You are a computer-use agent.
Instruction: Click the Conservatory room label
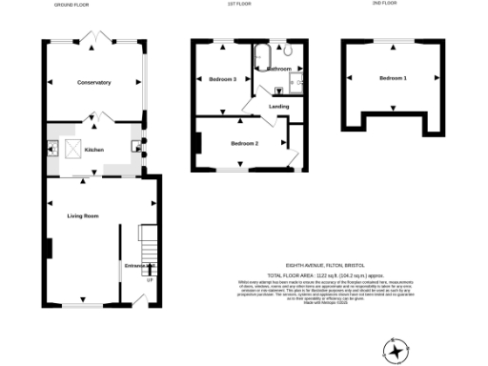(x=94, y=83)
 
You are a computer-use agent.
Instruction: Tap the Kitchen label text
(x=94, y=150)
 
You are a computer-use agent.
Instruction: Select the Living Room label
(x=83, y=216)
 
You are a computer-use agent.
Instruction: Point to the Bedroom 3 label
(x=222, y=79)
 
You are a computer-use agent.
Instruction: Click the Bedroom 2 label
(x=245, y=143)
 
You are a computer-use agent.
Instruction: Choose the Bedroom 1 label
(x=393, y=78)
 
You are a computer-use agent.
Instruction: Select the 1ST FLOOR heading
(x=233, y=4)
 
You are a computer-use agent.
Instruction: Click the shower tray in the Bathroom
(x=295, y=82)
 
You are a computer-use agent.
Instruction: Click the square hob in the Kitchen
(x=71, y=149)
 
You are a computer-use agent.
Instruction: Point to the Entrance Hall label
(x=139, y=265)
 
